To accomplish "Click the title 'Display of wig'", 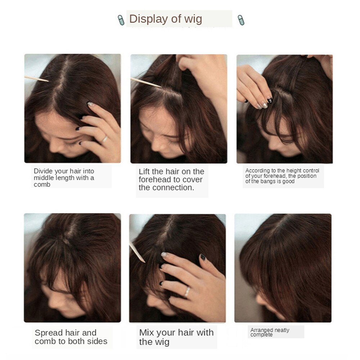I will (x=166, y=19).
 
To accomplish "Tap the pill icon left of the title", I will (x=121, y=20).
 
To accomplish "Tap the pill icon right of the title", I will (x=241, y=19).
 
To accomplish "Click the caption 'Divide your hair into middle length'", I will (x=64, y=178).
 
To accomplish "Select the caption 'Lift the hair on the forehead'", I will (x=171, y=179).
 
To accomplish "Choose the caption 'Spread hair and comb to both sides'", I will (x=71, y=337).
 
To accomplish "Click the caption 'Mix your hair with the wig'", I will (x=176, y=337).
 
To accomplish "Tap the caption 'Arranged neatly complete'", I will (x=270, y=332).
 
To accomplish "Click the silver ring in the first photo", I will (x=105, y=139).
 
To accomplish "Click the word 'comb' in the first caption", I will (x=42, y=185).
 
